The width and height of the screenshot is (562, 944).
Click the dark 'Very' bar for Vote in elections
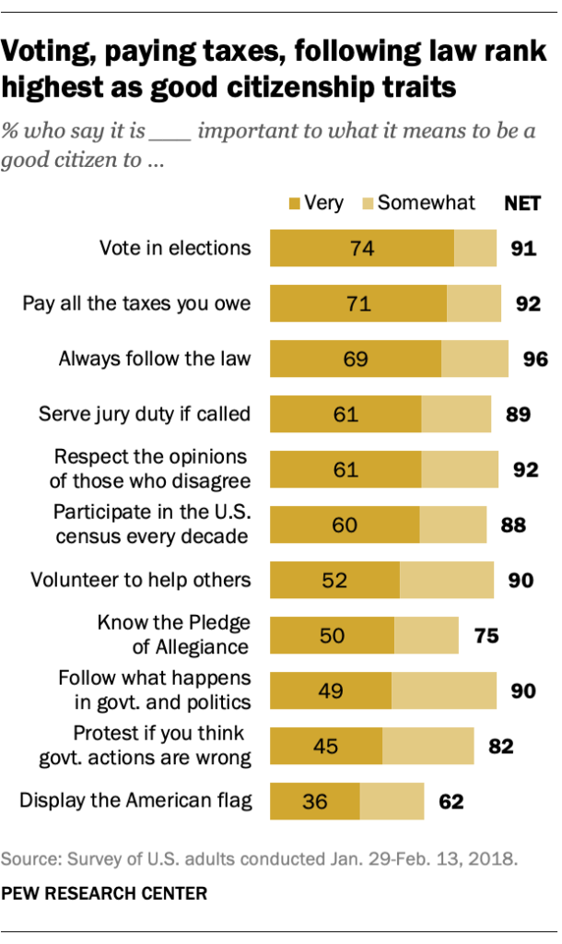361,248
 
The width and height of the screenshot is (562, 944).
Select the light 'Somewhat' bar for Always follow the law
474,359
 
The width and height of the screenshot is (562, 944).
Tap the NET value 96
535,359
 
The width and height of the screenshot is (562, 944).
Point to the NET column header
522,203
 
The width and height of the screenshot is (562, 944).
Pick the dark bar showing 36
314,800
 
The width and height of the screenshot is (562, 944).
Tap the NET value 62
451,800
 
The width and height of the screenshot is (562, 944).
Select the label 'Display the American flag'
135,800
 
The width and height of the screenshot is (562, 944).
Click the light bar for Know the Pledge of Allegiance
426,635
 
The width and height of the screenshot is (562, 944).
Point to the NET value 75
485,635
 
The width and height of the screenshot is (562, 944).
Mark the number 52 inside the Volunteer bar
334,580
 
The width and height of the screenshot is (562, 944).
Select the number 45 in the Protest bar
325,745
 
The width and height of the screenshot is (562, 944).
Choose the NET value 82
500,745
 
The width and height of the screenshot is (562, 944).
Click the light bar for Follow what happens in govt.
444,690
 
